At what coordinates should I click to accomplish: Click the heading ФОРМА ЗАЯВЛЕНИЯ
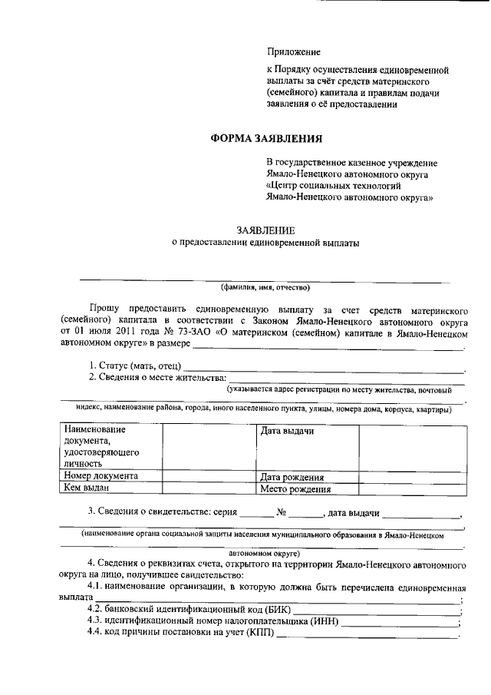coord(266,139)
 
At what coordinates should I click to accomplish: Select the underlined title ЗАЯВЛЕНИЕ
coord(265,230)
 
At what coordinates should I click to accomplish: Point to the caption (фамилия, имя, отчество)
coord(265,288)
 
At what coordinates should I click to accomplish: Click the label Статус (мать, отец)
coord(135,364)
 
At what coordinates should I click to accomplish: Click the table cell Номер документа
coord(101,475)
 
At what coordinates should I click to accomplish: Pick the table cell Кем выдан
coord(86,488)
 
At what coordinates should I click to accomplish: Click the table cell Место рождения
coord(295,488)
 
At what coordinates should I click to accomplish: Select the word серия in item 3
coord(221,512)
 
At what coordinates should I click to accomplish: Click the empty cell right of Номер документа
coord(209,475)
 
